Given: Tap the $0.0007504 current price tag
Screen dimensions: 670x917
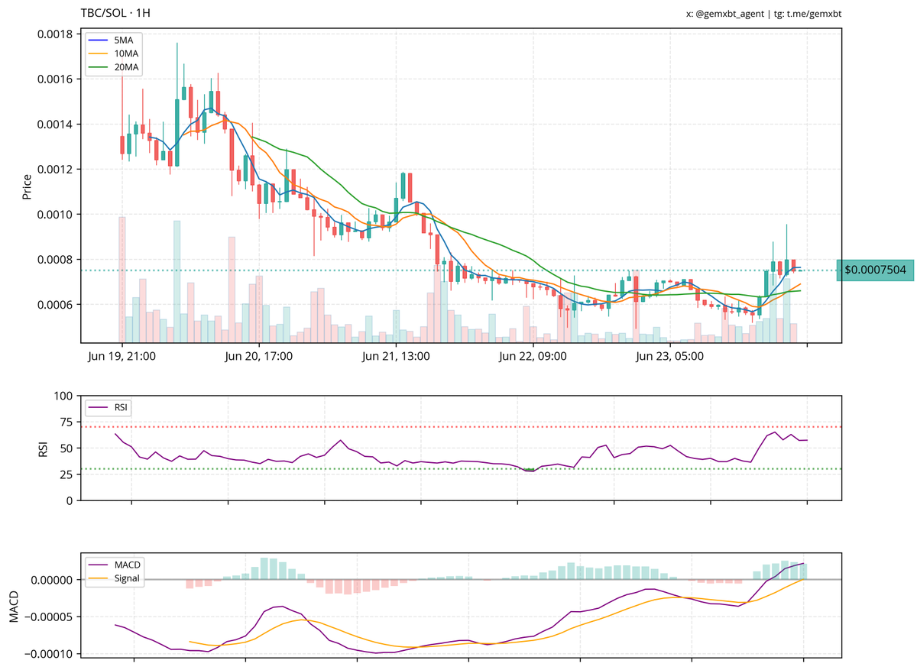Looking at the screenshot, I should [x=875, y=270].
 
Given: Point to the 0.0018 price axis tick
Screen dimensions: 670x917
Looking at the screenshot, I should [x=54, y=34].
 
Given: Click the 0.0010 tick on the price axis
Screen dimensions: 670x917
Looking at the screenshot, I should [x=54, y=215].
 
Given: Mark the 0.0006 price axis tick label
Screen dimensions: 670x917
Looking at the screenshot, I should [x=54, y=305].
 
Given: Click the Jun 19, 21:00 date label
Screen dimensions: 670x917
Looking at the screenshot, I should [x=122, y=356].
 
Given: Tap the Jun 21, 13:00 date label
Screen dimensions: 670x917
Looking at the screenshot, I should [x=396, y=356].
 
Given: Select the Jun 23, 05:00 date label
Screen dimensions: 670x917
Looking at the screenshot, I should [x=669, y=356].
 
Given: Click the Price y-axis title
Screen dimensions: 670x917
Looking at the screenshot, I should [x=27, y=187].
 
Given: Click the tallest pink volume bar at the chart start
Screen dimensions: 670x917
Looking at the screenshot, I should [x=122, y=279].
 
